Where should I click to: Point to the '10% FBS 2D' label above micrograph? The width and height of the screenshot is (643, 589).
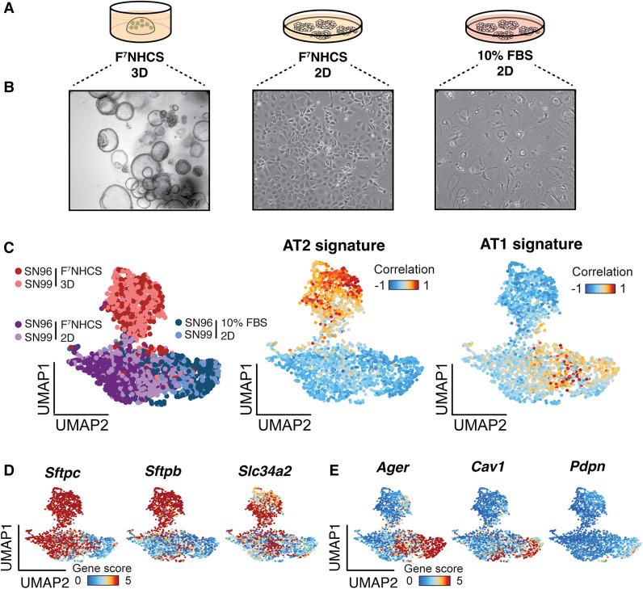click(x=504, y=66)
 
